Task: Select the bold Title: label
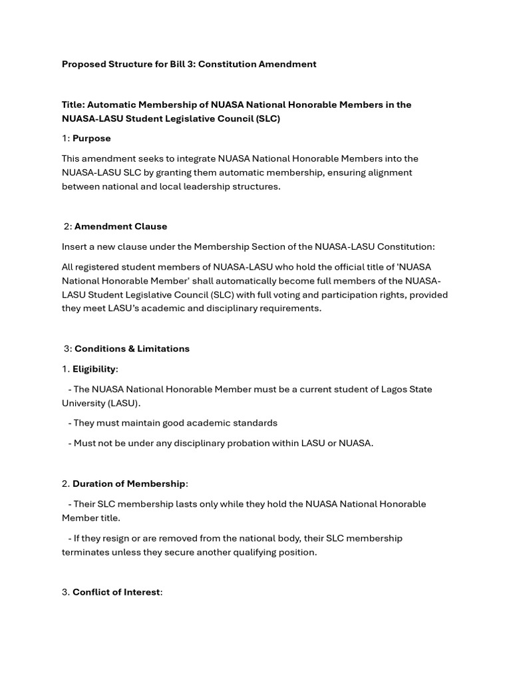(x=73, y=105)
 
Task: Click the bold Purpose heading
(x=92, y=139)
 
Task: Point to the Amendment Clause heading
(x=120, y=226)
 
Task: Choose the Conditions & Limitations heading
(x=132, y=349)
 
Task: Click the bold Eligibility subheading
(x=94, y=369)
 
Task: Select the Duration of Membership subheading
(x=129, y=484)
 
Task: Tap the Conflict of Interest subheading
(x=116, y=593)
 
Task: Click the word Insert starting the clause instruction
(x=75, y=247)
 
